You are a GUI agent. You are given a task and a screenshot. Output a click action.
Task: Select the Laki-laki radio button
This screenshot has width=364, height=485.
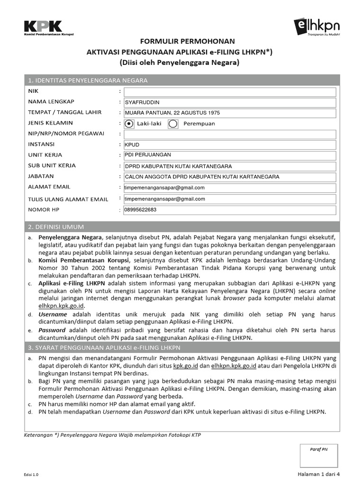tap(129, 124)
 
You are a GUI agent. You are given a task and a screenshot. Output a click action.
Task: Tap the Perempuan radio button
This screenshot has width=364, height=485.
tap(173, 124)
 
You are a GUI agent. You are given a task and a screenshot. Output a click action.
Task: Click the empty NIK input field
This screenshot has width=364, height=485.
tap(229, 91)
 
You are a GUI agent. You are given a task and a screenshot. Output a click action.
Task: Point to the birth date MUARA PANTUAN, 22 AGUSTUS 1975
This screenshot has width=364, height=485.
tap(173, 113)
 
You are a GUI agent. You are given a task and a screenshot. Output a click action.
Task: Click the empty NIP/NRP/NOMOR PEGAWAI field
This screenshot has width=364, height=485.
tap(229, 135)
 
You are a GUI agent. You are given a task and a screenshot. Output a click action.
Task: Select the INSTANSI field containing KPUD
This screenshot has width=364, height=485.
tap(229, 145)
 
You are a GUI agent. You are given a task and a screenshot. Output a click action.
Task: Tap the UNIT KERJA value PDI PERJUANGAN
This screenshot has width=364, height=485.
tap(147, 155)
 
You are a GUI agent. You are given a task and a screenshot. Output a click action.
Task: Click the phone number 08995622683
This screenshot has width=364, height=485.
tap(141, 210)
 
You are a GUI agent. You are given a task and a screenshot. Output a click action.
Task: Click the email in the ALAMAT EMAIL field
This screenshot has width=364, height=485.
tap(164, 188)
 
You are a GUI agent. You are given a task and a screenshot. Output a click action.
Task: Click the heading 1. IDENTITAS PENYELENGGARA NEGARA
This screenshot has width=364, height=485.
tap(88, 80)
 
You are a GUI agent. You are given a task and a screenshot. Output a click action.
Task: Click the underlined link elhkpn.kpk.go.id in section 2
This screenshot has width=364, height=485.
tap(62, 305)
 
